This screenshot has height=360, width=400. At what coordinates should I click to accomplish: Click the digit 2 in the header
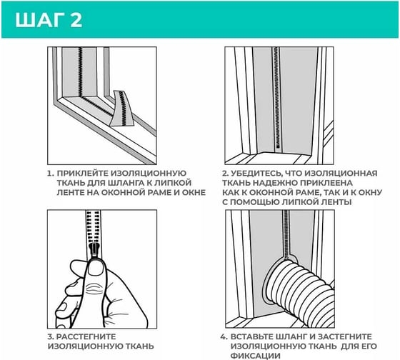point(76,20)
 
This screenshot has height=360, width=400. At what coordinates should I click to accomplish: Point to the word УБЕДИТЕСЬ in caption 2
point(256,174)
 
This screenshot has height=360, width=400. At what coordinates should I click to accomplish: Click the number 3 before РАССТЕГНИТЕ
point(50,336)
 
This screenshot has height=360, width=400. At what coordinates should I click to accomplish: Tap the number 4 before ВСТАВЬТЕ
point(224,336)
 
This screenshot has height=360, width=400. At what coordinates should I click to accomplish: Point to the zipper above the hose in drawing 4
point(286,234)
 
